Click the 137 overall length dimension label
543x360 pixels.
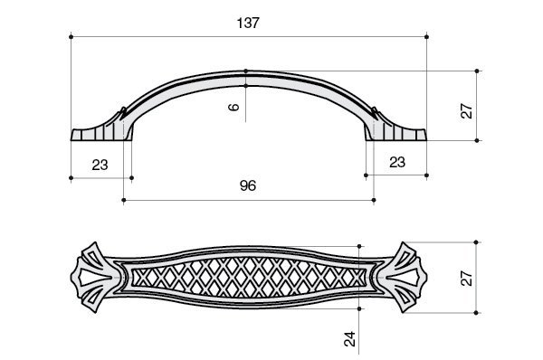248,23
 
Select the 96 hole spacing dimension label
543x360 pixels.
248,186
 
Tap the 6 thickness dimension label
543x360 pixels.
234,107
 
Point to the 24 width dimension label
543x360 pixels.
350,339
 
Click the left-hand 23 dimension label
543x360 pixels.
100,165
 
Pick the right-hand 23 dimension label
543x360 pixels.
397,162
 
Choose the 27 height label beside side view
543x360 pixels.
467,111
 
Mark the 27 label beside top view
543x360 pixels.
467,279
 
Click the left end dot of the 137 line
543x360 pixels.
71,37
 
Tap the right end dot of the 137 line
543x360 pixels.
426,37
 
